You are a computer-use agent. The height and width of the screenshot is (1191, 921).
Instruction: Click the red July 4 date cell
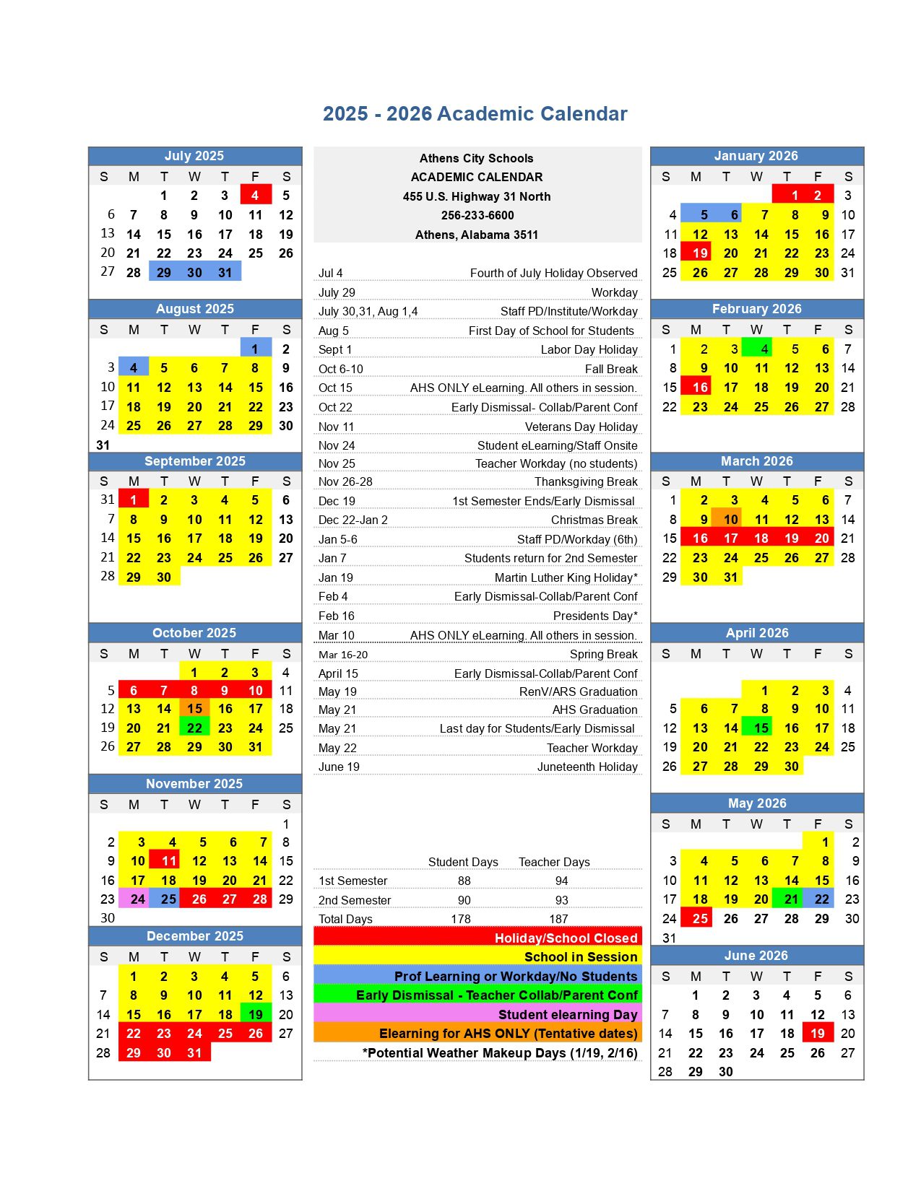pos(255,195)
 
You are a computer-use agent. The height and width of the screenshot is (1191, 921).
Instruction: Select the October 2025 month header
pos(194,633)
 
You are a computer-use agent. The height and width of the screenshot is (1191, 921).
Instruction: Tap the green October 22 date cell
pos(194,728)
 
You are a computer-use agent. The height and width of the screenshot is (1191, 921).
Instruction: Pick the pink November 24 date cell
pos(134,899)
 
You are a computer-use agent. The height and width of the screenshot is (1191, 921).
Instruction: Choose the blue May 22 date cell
pos(818,899)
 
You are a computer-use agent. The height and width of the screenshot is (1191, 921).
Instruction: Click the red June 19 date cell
pos(818,1033)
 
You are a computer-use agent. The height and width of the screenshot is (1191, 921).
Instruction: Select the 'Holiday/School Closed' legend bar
pos(477,938)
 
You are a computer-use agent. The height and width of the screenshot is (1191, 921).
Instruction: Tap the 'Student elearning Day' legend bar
pos(477,1014)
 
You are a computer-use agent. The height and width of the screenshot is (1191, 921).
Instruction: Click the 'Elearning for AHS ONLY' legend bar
pos(477,1033)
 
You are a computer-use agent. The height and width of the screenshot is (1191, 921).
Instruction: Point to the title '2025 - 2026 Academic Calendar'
pos(475,114)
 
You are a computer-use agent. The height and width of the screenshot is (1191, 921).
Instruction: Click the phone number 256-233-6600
pos(477,215)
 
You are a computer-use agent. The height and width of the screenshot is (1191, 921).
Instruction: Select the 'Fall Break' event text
pos(611,369)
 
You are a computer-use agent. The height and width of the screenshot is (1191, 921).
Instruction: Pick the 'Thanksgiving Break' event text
pos(586,481)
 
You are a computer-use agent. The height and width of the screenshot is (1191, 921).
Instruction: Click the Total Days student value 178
pos(461,919)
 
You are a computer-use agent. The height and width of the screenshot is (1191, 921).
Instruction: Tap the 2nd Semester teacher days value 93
pos(561,900)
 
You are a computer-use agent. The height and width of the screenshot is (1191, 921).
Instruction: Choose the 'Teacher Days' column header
pos(554,862)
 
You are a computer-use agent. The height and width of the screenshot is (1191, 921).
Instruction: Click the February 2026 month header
pos(756,309)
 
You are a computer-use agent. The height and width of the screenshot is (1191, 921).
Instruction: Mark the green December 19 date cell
pos(256,1014)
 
